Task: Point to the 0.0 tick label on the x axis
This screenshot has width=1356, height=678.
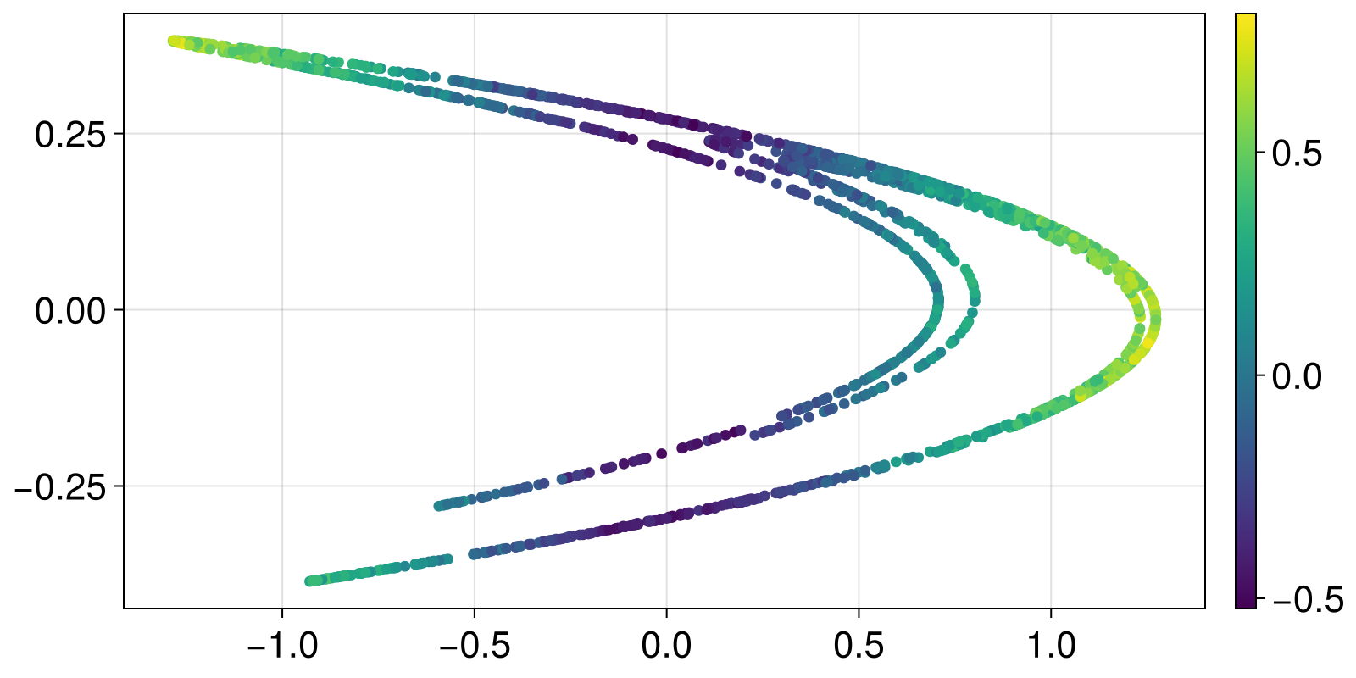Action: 666,647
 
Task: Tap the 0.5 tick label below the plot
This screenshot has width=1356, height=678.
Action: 859,647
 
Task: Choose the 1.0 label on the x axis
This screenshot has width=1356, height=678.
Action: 1051,647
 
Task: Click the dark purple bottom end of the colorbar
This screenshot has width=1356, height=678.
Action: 1245,604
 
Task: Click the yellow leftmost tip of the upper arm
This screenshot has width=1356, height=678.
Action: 174,41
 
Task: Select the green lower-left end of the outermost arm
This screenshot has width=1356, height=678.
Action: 310,581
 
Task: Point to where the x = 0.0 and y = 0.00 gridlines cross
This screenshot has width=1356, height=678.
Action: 666,310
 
